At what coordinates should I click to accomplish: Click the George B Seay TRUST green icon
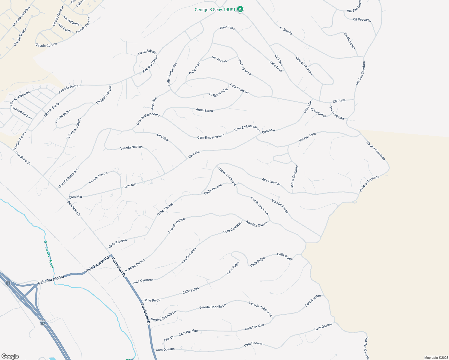click(x=240, y=9)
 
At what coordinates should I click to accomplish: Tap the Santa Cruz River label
click(x=49, y=254)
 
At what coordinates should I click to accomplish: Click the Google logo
click(x=10, y=356)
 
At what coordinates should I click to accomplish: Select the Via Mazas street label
click(x=219, y=59)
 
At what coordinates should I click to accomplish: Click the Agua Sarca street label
click(x=204, y=110)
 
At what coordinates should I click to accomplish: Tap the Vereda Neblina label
click(x=131, y=148)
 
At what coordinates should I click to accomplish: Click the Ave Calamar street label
click(x=271, y=182)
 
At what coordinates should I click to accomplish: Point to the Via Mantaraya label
click(x=280, y=206)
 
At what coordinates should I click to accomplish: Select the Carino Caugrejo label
click(x=294, y=177)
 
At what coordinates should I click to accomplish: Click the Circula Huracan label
click(x=304, y=66)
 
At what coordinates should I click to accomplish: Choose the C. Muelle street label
click(x=286, y=31)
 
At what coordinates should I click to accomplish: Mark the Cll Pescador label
click(x=362, y=20)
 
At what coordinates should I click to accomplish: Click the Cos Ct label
click(x=169, y=338)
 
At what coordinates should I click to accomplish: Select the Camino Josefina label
click(x=21, y=16)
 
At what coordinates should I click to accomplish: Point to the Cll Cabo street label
click(x=163, y=137)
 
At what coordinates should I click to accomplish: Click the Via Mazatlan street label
click(x=350, y=40)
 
